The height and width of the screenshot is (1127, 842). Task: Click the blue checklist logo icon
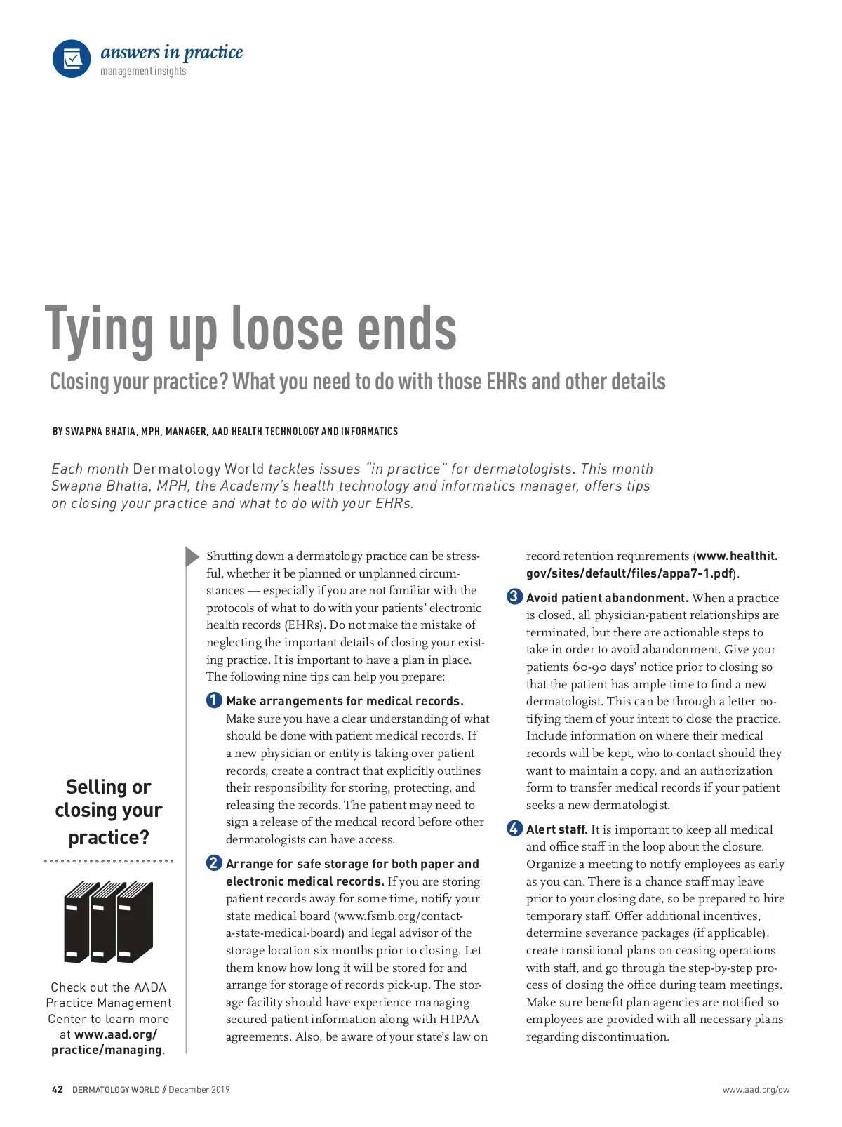point(72,58)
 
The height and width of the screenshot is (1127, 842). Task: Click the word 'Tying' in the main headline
point(98,329)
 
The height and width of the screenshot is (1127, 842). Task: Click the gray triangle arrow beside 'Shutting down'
point(192,556)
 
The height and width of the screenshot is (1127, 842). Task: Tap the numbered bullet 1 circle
point(214,700)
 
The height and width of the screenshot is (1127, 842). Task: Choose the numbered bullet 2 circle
point(214,863)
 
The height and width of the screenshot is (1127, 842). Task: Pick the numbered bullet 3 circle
point(514,597)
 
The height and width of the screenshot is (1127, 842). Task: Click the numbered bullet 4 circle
point(514,829)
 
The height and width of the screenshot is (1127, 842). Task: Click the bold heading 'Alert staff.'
point(557,829)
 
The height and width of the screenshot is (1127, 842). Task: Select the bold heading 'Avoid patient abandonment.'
point(607,598)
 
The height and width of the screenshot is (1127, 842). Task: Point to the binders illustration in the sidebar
point(109,921)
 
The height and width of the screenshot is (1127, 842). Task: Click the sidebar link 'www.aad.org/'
point(116,1034)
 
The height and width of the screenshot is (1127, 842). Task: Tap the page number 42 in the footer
point(58,1090)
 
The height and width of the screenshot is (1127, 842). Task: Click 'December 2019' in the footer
point(199,1090)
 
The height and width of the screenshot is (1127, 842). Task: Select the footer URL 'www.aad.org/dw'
point(756,1090)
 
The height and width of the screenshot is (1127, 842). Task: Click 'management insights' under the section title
point(143,72)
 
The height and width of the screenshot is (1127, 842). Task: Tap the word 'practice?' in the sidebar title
point(109,837)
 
